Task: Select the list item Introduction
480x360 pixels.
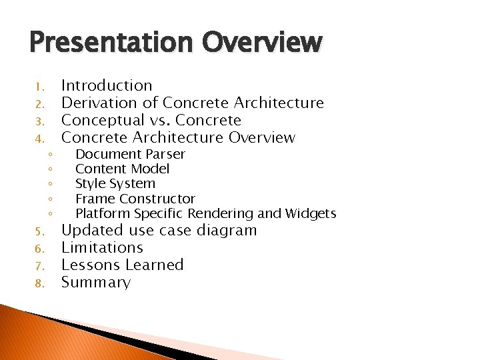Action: tap(107, 85)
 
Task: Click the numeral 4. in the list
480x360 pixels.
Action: tap(39, 139)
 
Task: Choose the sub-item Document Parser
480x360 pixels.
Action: tap(130, 154)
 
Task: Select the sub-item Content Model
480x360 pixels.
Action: tap(122, 169)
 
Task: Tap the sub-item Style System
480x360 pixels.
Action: tap(115, 183)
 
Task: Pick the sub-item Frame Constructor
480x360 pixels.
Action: tap(135, 199)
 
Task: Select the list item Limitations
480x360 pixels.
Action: tap(102, 248)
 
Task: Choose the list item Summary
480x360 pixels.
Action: tap(96, 282)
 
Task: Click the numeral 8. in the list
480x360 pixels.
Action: tap(39, 283)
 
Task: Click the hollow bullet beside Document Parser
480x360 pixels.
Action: tap(51, 155)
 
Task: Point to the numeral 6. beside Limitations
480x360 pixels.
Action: tap(39, 249)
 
